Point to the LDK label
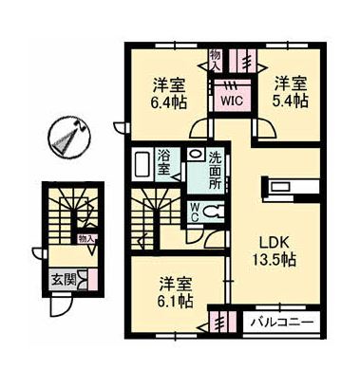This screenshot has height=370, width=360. (270, 239)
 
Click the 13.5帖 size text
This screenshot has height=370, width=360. (270, 259)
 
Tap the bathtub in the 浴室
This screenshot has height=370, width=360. (141, 165)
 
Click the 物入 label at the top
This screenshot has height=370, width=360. (215, 60)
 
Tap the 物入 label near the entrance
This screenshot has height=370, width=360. (85, 238)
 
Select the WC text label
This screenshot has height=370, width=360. (195, 210)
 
